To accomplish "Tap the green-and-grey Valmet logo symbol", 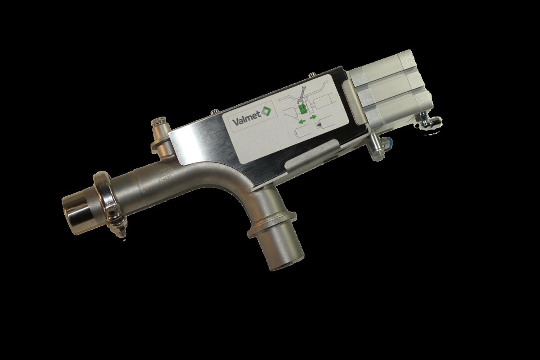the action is (x=266, y=111).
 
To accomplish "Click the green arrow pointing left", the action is (x=302, y=122).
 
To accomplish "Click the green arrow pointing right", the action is (x=313, y=117).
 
